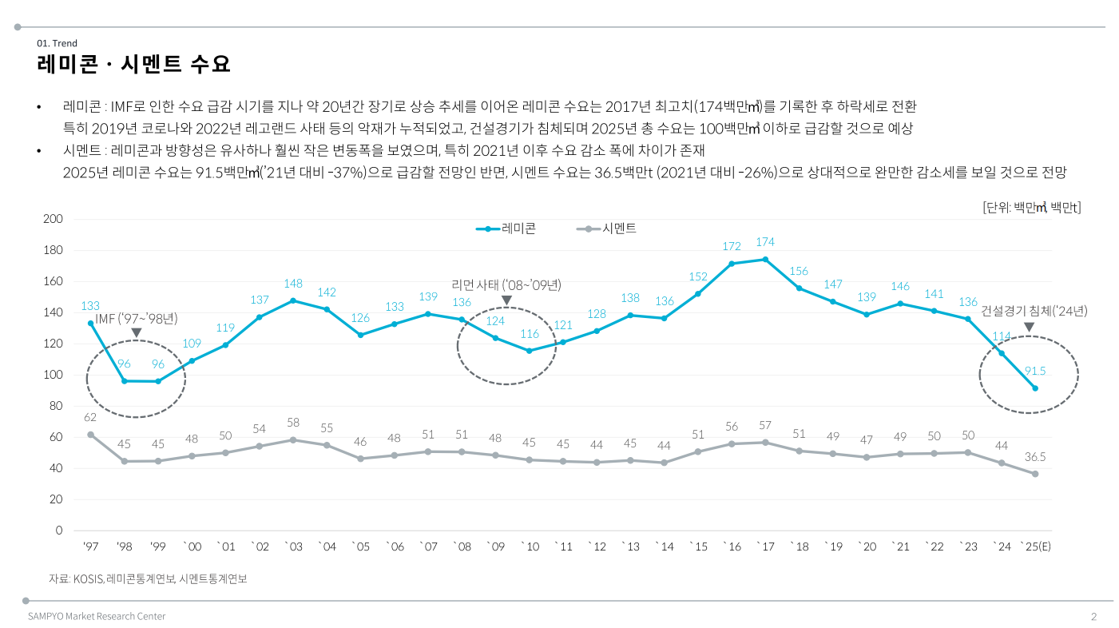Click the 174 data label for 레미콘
point(765,242)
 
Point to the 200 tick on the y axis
point(53,219)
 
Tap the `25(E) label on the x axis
point(1035,547)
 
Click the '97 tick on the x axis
point(90,547)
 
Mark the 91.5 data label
point(1035,372)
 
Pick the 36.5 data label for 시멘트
point(1035,457)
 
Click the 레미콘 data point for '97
point(90,323)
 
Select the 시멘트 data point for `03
point(293,439)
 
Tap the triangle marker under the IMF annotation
point(136,332)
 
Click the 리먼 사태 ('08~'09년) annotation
point(506,284)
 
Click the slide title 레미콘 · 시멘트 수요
point(133,64)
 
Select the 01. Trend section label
point(57,43)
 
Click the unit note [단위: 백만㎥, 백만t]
point(1031,208)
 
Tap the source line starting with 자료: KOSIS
point(148,578)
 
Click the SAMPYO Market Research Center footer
point(97,616)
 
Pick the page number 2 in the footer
point(1093,616)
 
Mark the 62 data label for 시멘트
point(90,417)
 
